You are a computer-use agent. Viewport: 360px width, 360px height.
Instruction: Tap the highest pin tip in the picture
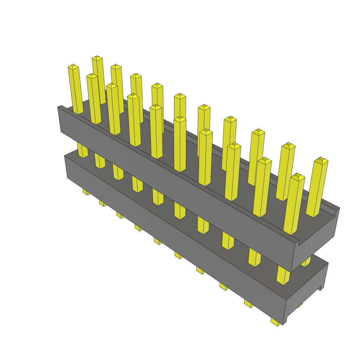(97, 58)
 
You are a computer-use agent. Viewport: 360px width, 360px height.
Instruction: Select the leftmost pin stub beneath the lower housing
(85, 192)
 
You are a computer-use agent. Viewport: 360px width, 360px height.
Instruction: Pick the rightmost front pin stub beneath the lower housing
(276, 322)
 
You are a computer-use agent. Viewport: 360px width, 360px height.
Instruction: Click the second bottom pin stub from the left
(102, 203)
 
